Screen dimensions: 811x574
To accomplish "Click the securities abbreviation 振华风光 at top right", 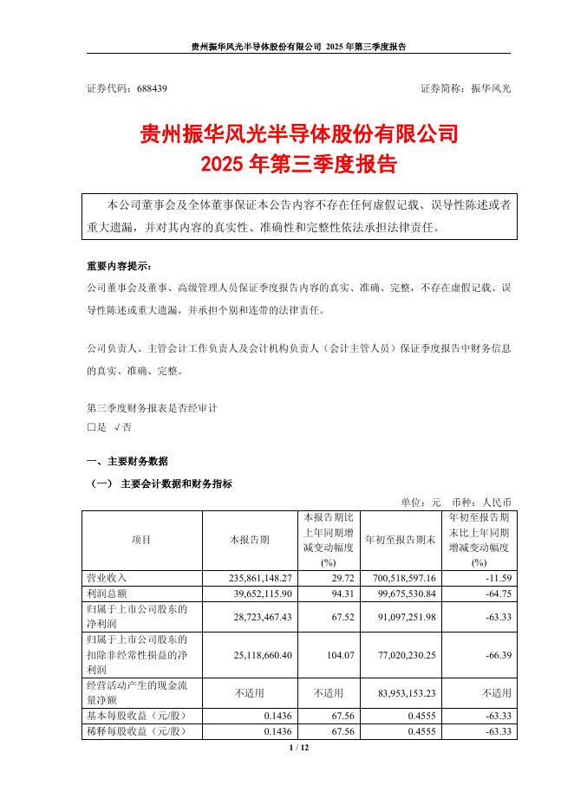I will coord(490,88).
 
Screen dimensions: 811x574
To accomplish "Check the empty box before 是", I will coord(91,427).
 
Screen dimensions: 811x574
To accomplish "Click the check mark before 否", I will coord(117,427).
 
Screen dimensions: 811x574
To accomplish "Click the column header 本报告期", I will coord(249,539).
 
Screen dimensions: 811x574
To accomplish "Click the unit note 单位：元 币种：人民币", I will coord(456,502).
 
